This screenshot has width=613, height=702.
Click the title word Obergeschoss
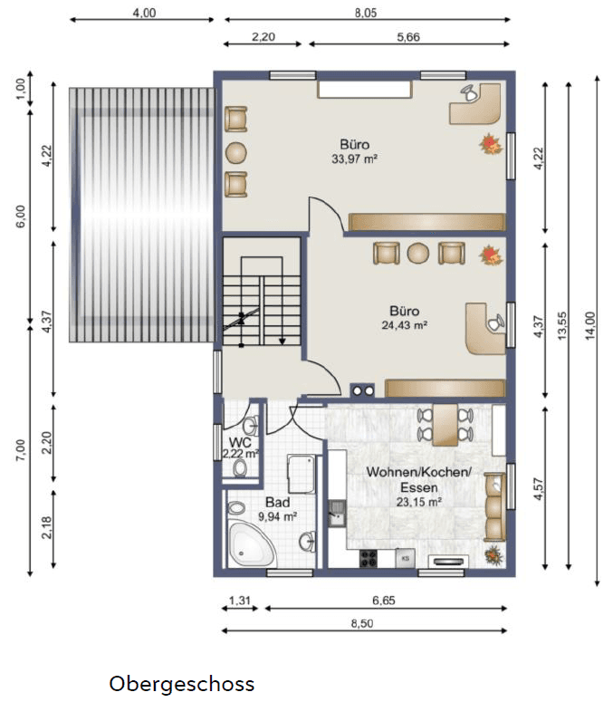click(182, 683)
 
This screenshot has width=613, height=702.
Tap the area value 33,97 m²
click(355, 159)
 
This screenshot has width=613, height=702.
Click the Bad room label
click(277, 502)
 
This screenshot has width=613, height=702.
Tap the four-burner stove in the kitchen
click(369, 557)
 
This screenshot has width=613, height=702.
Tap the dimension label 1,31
click(239, 601)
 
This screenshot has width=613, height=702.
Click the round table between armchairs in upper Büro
click(235, 152)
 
